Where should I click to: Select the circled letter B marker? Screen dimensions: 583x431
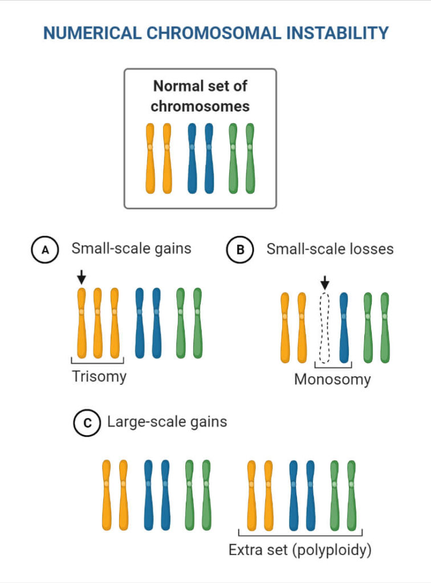pyautogui.click(x=239, y=251)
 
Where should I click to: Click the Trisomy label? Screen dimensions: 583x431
pyautogui.click(x=99, y=376)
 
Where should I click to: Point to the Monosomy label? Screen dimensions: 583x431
pyautogui.click(x=332, y=379)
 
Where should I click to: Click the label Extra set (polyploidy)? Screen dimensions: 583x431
pyautogui.click(x=299, y=551)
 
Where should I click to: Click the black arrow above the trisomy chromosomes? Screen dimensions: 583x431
pyautogui.click(x=82, y=277)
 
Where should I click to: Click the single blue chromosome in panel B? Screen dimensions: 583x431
pyautogui.click(x=344, y=329)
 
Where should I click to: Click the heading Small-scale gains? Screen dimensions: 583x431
pyautogui.click(x=131, y=249)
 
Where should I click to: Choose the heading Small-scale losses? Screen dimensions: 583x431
pyautogui.click(x=330, y=249)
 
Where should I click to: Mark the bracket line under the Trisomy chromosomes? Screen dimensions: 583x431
pyautogui.click(x=97, y=362)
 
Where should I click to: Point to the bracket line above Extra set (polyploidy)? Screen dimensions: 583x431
pyautogui.click(x=300, y=536)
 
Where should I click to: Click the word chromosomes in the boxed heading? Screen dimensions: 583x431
pyautogui.click(x=200, y=106)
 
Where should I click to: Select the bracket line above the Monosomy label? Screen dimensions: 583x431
pyautogui.click(x=334, y=365)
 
